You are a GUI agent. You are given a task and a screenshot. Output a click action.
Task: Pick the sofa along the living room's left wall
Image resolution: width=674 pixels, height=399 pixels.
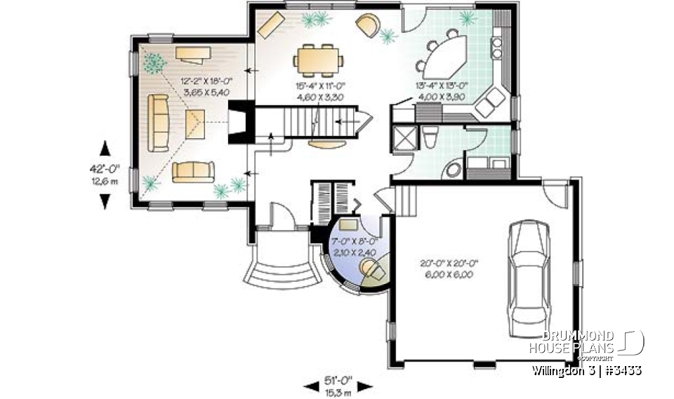tap(159, 123)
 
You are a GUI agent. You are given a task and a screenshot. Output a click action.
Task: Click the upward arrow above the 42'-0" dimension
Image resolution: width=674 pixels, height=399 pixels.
tap(105, 148)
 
